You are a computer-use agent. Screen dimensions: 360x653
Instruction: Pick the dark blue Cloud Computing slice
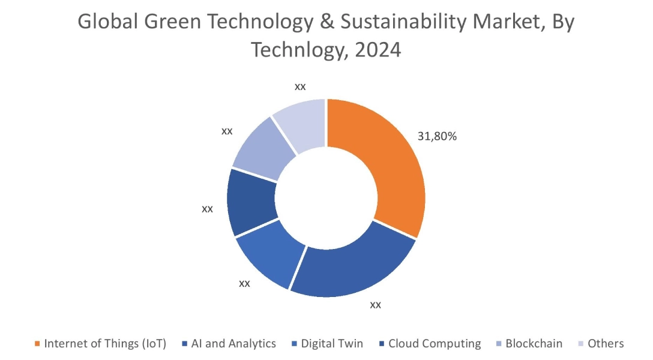pyautogui.click(x=251, y=201)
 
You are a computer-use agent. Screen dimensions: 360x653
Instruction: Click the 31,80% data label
pyautogui.click(x=437, y=136)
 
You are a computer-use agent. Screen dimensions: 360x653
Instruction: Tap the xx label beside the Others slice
pyautogui.click(x=300, y=86)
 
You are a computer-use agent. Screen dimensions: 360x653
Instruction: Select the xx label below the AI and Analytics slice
pyautogui.click(x=375, y=305)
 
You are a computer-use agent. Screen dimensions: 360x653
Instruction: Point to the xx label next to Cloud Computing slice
pyautogui.click(x=207, y=209)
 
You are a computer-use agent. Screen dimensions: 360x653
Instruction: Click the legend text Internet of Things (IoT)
pyautogui.click(x=105, y=344)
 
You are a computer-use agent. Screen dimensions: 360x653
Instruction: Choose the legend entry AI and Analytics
pyautogui.click(x=233, y=344)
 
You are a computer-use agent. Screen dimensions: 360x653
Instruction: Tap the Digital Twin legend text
pyautogui.click(x=332, y=344)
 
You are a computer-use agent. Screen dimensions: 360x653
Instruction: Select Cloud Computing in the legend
pyautogui.click(x=435, y=344)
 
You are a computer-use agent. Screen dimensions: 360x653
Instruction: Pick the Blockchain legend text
pyautogui.click(x=534, y=344)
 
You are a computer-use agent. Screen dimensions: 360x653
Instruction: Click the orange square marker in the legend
pyautogui.click(x=38, y=344)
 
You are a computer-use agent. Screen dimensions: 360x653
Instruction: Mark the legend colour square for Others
pyautogui.click(x=581, y=344)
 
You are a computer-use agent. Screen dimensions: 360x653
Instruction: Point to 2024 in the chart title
pyautogui.click(x=378, y=50)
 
